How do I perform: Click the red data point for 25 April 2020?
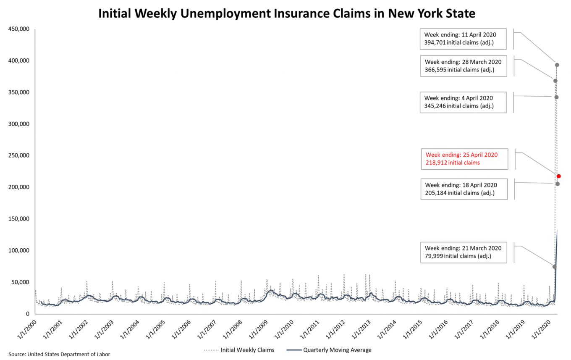click(x=559, y=176)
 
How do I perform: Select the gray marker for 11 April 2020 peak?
click(x=557, y=65)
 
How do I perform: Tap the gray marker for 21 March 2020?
click(x=555, y=267)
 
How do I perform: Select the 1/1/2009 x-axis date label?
click(x=259, y=328)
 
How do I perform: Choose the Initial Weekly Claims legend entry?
click(x=239, y=350)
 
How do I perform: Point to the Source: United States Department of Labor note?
click(x=59, y=354)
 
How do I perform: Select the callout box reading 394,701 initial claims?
click(x=463, y=39)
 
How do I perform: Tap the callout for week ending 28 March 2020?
click(x=463, y=66)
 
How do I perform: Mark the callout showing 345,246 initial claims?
click(x=462, y=102)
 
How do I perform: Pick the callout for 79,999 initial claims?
click(x=463, y=252)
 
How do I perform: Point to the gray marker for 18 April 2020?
click(x=557, y=184)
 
